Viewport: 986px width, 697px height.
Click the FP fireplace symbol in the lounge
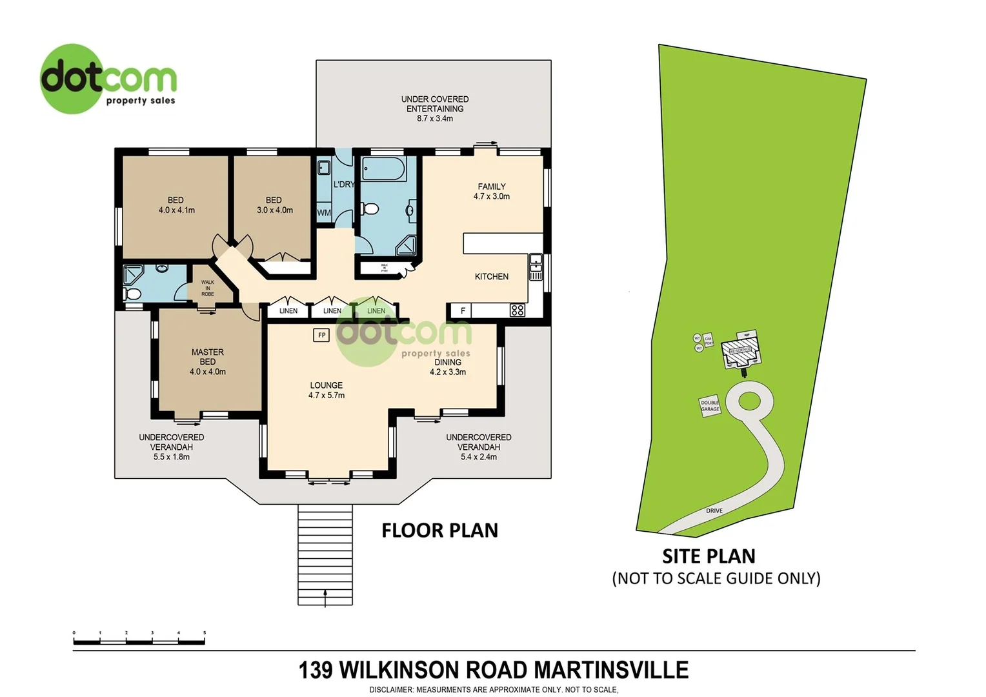coord(321,335)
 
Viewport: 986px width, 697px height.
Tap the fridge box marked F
coord(462,310)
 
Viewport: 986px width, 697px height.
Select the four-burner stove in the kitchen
coord(517,310)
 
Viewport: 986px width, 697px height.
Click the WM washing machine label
coord(324,212)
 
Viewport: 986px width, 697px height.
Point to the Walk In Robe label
coord(207,288)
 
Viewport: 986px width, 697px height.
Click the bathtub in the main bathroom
coord(383,170)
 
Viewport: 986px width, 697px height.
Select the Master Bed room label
coord(208,361)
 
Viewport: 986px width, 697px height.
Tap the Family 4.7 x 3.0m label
coord(491,191)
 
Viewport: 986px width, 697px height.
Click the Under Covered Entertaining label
coord(434,108)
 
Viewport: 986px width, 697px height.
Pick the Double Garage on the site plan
coord(710,406)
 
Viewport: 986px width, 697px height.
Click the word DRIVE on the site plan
coord(714,510)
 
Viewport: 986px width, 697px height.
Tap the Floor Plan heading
coord(439,530)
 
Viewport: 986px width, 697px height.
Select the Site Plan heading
coord(709,556)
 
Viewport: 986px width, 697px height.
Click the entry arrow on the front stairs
coord(325,596)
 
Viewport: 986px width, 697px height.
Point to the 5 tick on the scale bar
coord(205,634)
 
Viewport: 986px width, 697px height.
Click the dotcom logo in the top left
coord(108,79)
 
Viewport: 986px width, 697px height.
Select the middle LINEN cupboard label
coord(332,311)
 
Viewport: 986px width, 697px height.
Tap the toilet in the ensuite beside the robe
coord(134,294)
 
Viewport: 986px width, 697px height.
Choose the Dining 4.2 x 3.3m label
coord(448,367)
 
